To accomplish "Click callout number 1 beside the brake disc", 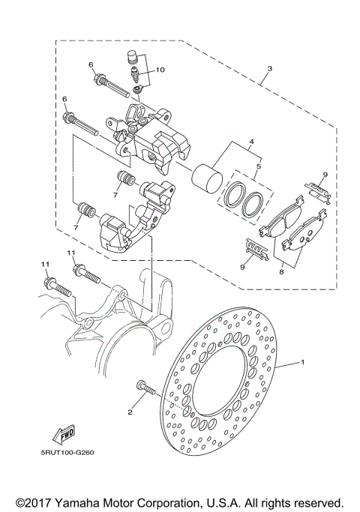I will click(303, 362).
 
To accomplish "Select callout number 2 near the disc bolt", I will click(130, 412).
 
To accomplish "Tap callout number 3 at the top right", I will click(268, 68).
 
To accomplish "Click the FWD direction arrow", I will click(67, 435).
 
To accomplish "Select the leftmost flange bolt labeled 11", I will click(55, 286).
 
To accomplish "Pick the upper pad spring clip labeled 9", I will click(319, 193).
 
